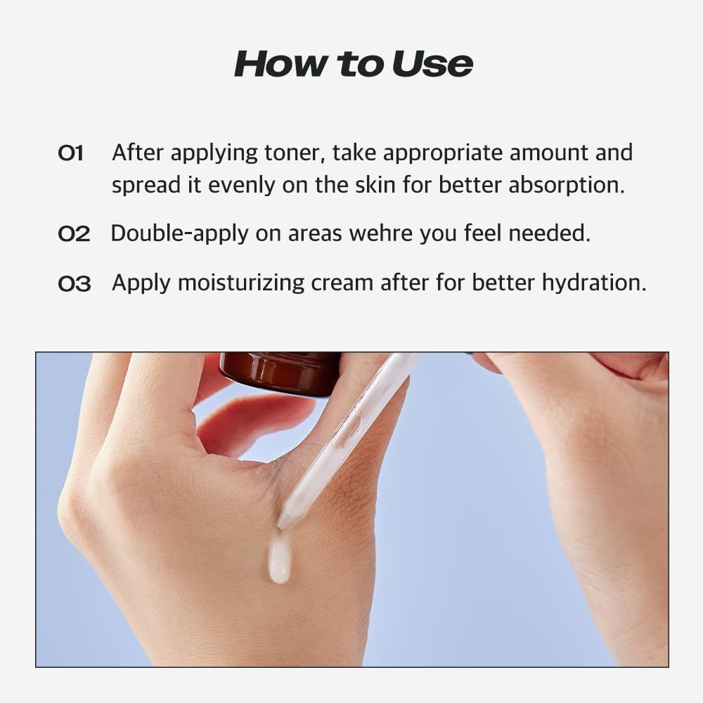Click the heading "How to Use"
coord(354,64)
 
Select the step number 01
coord(70,153)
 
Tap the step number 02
coord(74,234)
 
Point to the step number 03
coord(74,284)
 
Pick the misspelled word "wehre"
coord(381,233)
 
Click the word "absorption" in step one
coord(567,185)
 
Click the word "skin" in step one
coord(410,185)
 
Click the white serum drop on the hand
coord(279,559)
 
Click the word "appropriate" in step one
coord(441,153)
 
